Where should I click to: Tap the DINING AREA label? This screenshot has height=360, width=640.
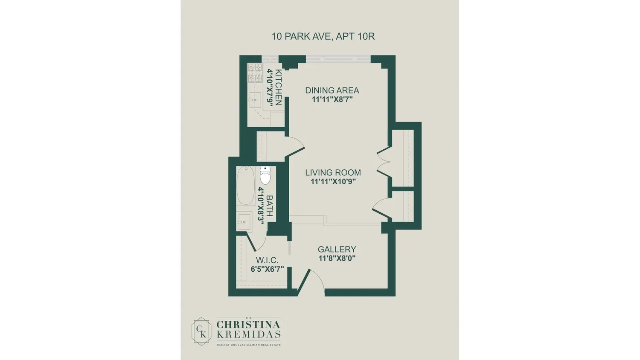click(332, 90)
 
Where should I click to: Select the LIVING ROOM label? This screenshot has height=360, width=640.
click(333, 173)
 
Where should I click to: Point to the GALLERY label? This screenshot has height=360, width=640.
click(337, 249)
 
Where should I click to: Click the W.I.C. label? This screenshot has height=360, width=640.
click(267, 260)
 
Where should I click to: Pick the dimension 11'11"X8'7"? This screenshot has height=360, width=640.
click(332, 99)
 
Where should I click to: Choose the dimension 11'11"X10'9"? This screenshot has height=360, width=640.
click(333, 181)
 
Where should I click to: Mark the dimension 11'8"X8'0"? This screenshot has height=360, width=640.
click(337, 258)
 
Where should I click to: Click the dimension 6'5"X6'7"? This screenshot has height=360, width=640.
click(267, 269)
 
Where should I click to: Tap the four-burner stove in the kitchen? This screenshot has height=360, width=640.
click(255, 73)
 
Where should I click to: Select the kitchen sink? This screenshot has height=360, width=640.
click(255, 100)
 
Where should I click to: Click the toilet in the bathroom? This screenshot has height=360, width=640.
click(265, 175)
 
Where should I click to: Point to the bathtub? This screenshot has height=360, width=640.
click(246, 186)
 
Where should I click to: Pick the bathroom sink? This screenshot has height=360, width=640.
click(244, 222)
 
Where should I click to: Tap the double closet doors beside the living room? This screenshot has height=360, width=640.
click(384, 163)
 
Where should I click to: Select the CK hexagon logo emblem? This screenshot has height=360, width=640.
click(201, 331)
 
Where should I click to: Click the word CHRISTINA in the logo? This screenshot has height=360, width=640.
click(248, 325)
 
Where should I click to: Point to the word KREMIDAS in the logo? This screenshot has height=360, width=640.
click(248, 334)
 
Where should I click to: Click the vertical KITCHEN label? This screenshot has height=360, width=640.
click(278, 87)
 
